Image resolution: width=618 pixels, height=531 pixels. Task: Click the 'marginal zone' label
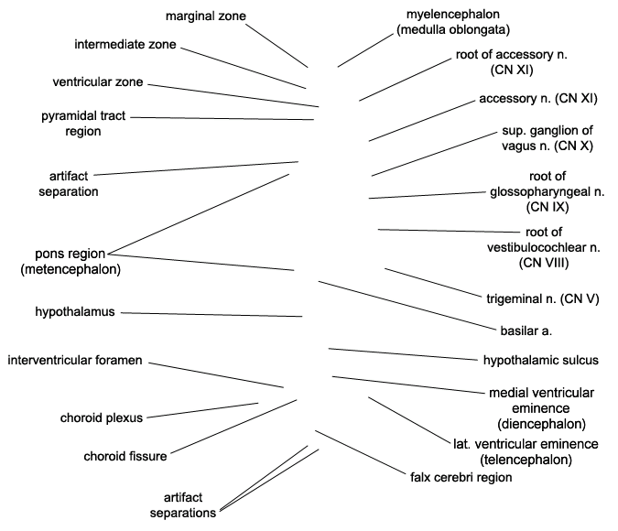(206, 16)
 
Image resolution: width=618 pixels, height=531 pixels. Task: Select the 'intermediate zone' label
(126, 44)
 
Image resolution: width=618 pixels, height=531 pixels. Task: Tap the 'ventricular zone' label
(98, 81)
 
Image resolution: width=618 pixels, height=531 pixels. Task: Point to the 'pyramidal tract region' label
(83, 124)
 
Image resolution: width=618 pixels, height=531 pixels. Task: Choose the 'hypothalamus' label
(75, 312)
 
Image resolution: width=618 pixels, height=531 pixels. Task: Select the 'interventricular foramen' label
(74, 360)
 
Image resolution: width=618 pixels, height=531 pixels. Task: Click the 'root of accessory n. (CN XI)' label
(512, 61)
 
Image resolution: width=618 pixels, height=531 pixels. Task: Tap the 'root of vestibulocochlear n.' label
(544, 247)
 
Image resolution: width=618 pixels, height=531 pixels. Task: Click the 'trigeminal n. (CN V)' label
(543, 298)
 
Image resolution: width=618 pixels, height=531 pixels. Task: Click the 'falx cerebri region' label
(461, 477)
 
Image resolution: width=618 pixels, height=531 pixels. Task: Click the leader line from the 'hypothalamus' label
(211, 314)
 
